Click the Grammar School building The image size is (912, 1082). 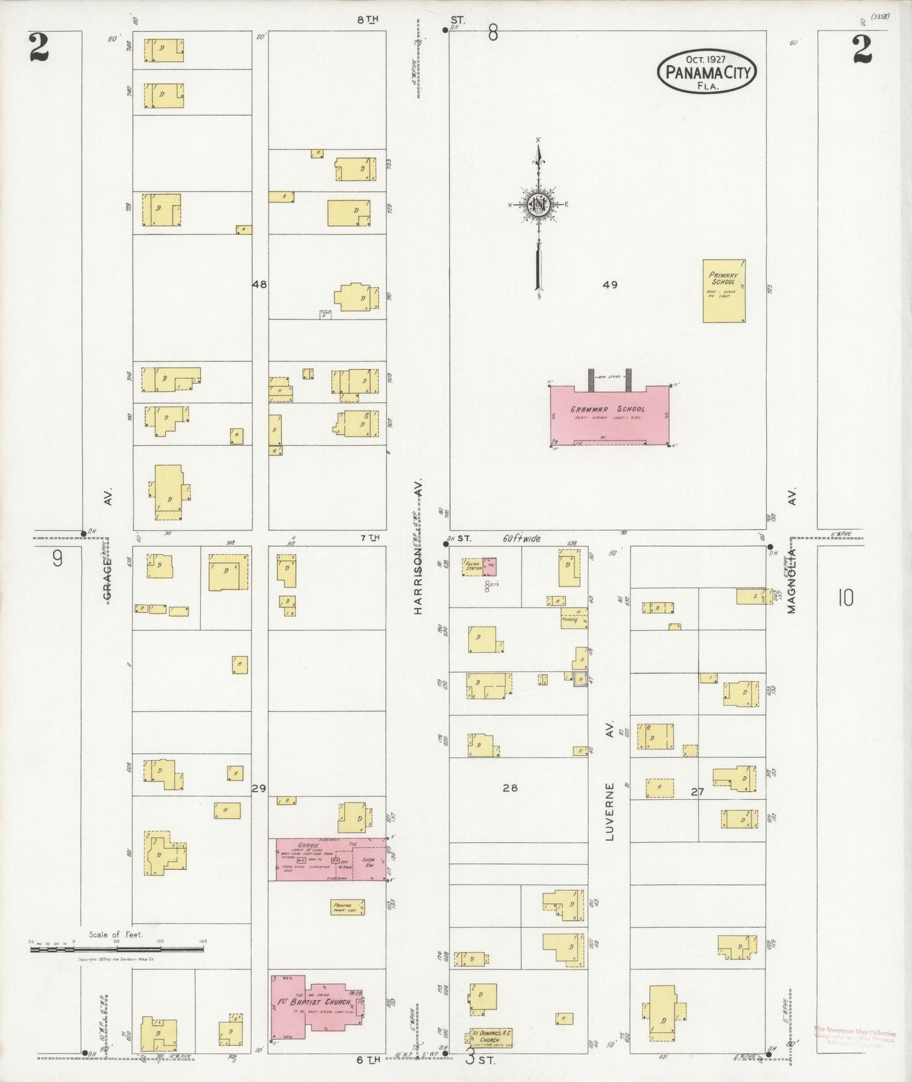(609, 414)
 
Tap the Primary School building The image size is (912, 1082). (723, 291)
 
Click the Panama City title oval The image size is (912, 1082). (707, 71)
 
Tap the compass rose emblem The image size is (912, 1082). (539, 205)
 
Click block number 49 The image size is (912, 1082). (610, 285)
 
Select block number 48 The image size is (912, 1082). (259, 285)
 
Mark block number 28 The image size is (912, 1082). (510, 788)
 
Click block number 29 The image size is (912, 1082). (259, 788)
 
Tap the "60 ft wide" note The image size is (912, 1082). (521, 538)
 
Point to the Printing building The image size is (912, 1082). (348, 907)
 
